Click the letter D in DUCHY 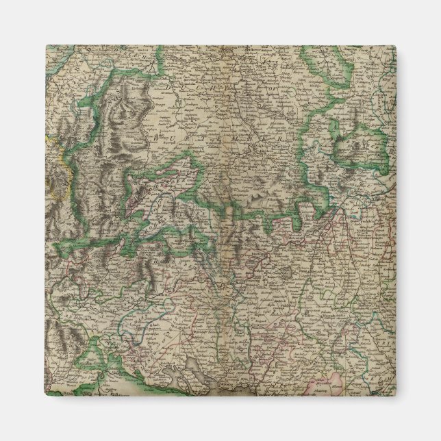pyautogui.click(x=168, y=87)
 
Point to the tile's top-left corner pyautogui.click(x=46, y=46)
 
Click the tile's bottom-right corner pyautogui.click(x=396, y=396)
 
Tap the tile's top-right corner pyautogui.click(x=396, y=46)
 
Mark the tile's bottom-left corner pyautogui.click(x=46, y=396)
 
